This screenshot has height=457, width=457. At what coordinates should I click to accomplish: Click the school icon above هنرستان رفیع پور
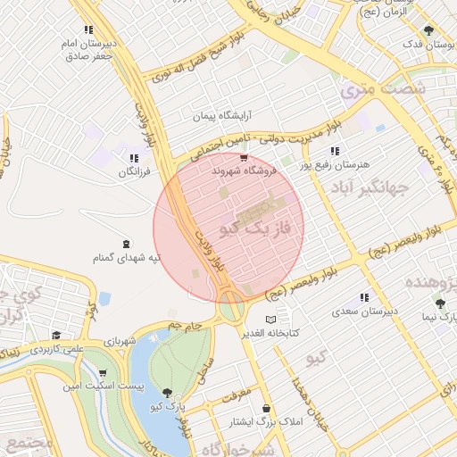(336, 152)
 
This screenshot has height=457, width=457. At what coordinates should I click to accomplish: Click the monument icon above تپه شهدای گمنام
(126, 243)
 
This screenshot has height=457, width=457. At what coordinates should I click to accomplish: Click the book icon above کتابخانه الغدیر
(271, 320)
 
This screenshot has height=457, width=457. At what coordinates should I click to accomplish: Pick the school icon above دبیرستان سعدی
(364, 298)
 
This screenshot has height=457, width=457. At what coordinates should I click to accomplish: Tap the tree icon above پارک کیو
(167, 393)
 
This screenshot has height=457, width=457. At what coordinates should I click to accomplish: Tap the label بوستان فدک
(428, 44)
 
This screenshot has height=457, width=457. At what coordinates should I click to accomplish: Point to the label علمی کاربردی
(55, 350)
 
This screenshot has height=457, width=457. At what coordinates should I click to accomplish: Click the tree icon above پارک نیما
(439, 303)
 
